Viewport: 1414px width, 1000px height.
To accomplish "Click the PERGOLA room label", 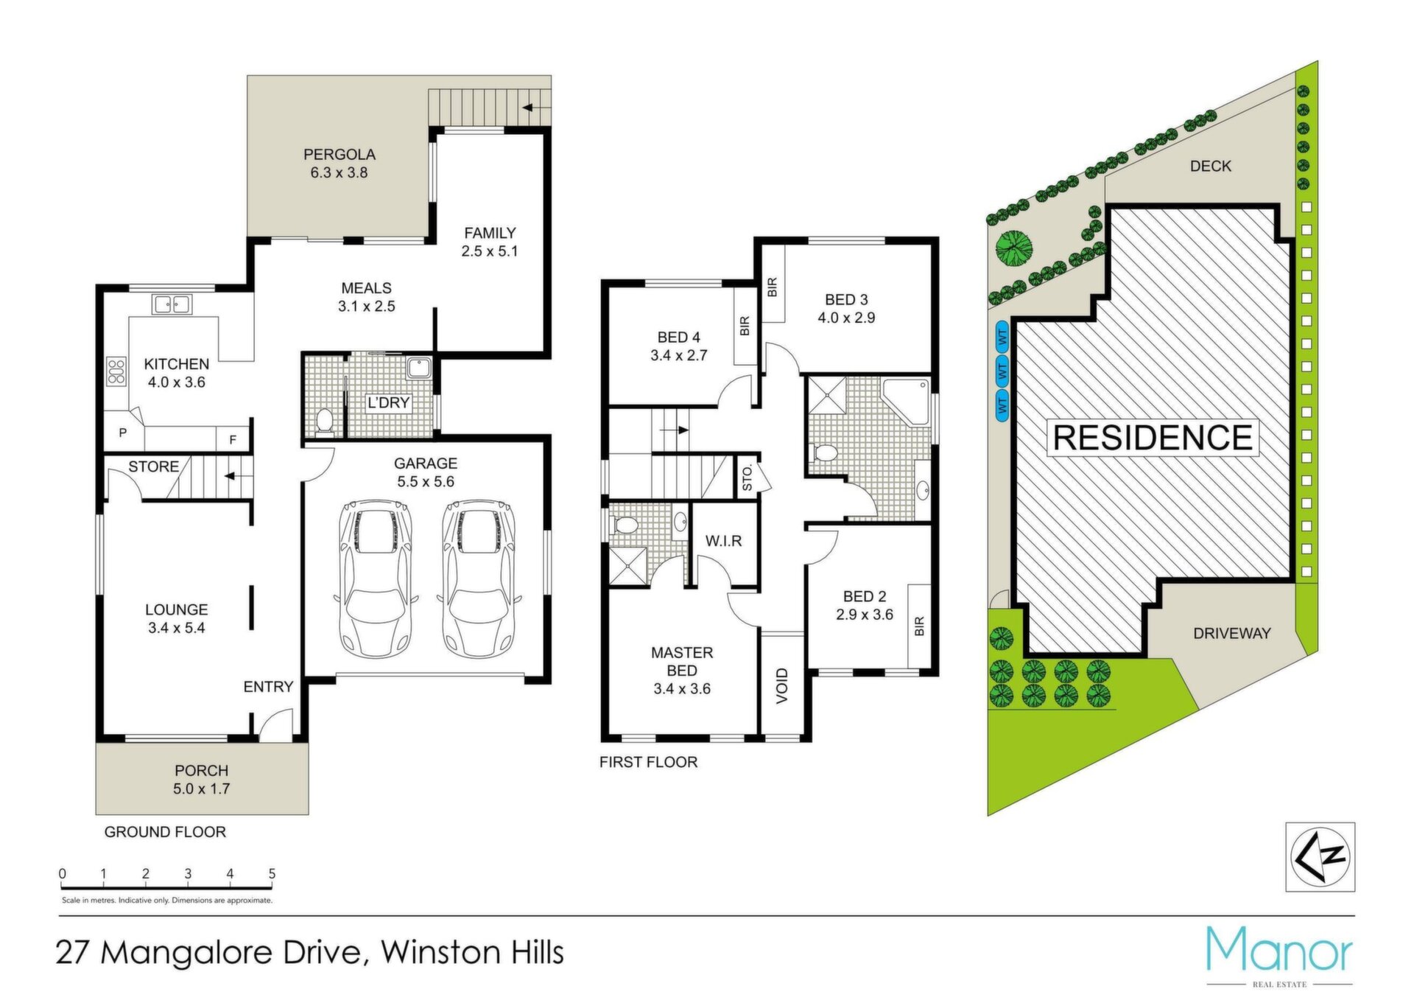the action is click(x=340, y=155).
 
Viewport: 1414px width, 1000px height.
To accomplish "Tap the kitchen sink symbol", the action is click(x=172, y=304).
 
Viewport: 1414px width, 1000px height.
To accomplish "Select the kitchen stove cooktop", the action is click(x=116, y=371).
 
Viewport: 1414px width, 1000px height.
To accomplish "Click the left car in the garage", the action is click(x=375, y=578).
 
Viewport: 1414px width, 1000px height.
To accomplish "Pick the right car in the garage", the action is click(x=479, y=578).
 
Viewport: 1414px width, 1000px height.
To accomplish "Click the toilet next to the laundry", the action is click(x=324, y=421).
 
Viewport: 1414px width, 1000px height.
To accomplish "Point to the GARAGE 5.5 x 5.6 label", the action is click(x=426, y=472).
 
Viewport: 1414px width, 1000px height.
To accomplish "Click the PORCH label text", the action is click(x=201, y=770).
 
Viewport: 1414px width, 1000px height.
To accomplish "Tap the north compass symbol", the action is click(x=1320, y=857).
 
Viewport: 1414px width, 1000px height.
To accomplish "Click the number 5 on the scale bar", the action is click(x=272, y=873).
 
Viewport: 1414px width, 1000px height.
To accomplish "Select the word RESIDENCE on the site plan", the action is click(x=1153, y=438).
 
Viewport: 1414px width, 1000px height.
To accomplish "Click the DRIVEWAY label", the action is click(x=1232, y=633).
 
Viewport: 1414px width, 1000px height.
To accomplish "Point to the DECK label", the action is click(x=1211, y=167).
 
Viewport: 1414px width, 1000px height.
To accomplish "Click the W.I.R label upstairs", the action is click(x=723, y=541).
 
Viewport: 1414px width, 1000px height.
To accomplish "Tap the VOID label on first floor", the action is click(x=782, y=685).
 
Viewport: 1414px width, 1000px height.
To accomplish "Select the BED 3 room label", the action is click(x=846, y=300).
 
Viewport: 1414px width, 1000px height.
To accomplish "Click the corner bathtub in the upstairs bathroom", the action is click(x=906, y=402).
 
